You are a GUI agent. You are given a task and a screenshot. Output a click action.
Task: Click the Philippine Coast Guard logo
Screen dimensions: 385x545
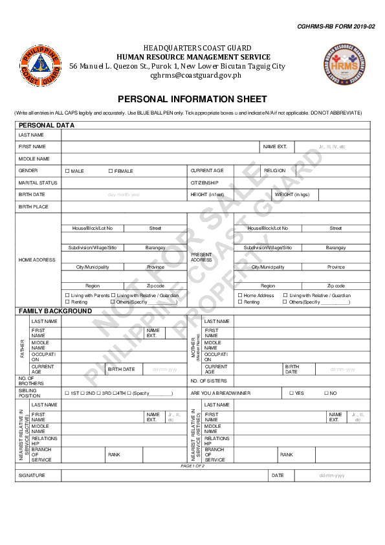pyautogui.click(x=41, y=65)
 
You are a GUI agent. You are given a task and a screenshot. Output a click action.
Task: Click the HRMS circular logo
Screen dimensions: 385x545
pyautogui.click(x=344, y=65)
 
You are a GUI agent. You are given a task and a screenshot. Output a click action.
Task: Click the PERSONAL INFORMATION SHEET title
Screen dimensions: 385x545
pyautogui.click(x=192, y=99)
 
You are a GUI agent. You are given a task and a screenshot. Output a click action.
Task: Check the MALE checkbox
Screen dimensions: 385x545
pyautogui.click(x=67, y=171)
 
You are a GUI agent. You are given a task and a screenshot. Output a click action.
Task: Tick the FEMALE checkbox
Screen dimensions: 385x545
pyautogui.click(x=111, y=171)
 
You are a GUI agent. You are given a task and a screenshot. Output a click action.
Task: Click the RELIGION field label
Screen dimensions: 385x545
pyautogui.click(x=274, y=170)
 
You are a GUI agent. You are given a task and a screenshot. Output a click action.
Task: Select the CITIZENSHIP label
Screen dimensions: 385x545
pyautogui.click(x=204, y=183)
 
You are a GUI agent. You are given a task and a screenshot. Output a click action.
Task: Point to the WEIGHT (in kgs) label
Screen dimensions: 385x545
pyautogui.click(x=292, y=194)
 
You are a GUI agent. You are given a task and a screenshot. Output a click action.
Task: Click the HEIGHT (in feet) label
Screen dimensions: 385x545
pyautogui.click(x=207, y=194)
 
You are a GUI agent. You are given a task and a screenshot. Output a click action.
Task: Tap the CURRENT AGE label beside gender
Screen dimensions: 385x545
pyautogui.click(x=206, y=170)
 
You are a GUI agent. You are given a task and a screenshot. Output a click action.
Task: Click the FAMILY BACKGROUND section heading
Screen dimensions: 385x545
pyautogui.click(x=58, y=311)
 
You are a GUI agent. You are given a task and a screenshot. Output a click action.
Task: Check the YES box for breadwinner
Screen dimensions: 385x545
pyautogui.click(x=292, y=393)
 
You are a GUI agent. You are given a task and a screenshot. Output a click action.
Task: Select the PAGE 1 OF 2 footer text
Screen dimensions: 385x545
pyautogui.click(x=192, y=465)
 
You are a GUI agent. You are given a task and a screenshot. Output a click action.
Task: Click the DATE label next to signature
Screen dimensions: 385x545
pyautogui.click(x=278, y=475)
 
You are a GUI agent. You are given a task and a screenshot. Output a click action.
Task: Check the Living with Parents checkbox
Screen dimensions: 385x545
pyautogui.click(x=67, y=295)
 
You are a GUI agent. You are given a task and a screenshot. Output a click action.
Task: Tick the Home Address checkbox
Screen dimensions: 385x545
pyautogui.click(x=240, y=295)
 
